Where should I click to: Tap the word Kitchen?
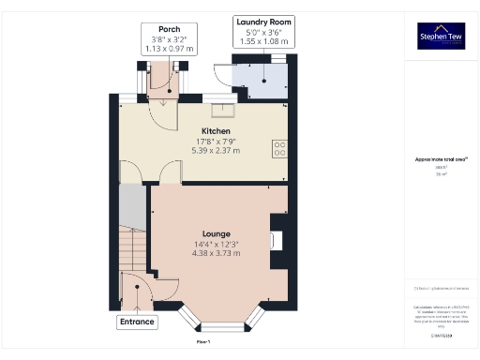coord(217,131)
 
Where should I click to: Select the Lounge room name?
coord(217,233)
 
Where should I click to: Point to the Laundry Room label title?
coord(264,22)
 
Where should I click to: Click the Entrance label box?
coord(136,322)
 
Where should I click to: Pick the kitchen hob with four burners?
coord(279,147)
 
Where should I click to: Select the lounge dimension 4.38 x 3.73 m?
coord(217,253)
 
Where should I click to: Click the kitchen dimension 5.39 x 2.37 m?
coord(217,151)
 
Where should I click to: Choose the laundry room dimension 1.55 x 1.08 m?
coord(264,41)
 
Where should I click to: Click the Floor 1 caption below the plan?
coord(203,342)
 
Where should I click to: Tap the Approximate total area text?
coord(441,160)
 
